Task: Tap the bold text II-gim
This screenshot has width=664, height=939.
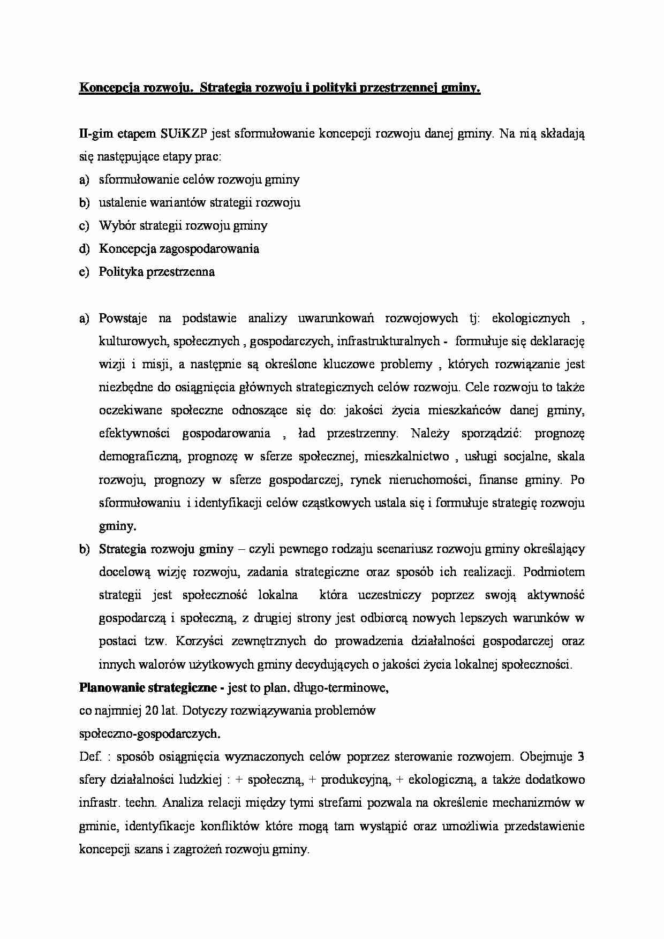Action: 94,134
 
